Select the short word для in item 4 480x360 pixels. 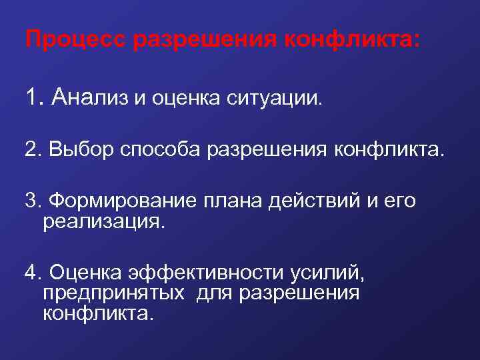pyautogui.click(x=216, y=293)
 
